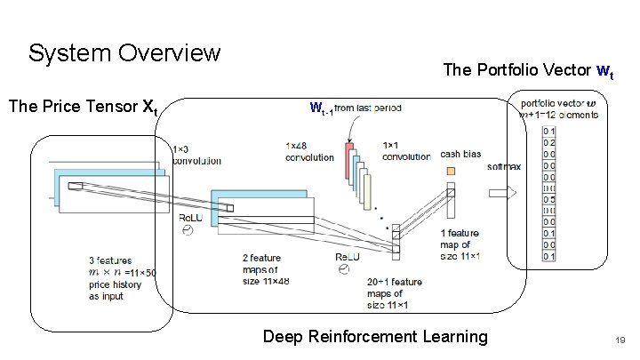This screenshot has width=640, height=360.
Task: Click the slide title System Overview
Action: [x=124, y=53]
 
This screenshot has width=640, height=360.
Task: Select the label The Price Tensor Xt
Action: [x=83, y=108]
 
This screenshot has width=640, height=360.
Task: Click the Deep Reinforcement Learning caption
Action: [x=375, y=336]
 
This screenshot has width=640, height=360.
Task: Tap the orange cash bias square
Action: [x=451, y=170]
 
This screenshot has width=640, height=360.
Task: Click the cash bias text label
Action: [x=460, y=154]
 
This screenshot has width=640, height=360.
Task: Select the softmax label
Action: [x=503, y=166]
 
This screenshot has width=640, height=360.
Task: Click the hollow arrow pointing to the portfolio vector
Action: [x=501, y=192]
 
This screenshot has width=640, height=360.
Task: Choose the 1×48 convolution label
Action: [x=309, y=150]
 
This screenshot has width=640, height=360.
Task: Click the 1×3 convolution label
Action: [x=196, y=155]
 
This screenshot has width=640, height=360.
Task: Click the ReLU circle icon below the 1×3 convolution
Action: [x=188, y=230]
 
